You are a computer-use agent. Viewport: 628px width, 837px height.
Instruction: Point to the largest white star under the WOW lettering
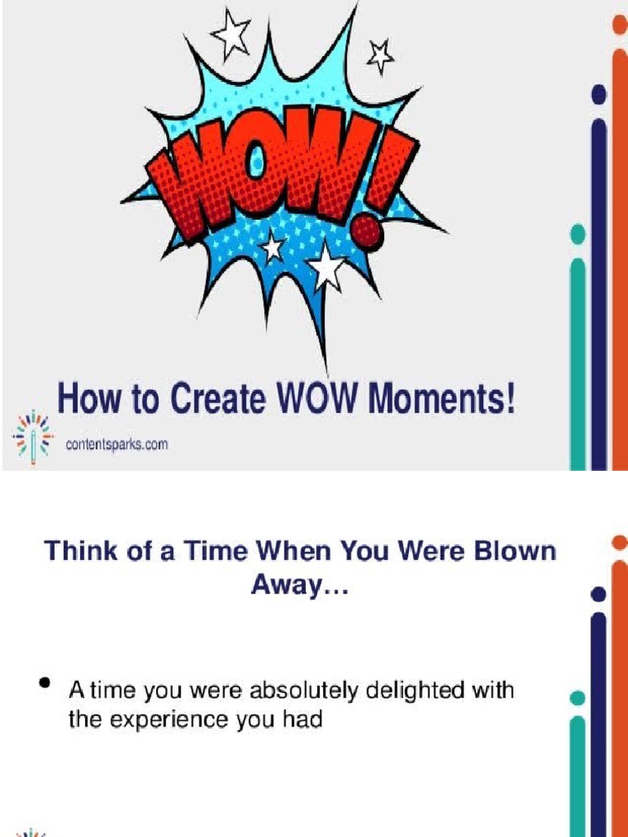point(327,266)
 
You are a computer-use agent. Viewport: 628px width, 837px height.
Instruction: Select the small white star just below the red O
point(271,244)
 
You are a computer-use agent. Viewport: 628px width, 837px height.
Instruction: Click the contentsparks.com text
point(117,445)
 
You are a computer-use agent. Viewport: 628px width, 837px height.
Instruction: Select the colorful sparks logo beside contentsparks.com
point(32,436)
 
